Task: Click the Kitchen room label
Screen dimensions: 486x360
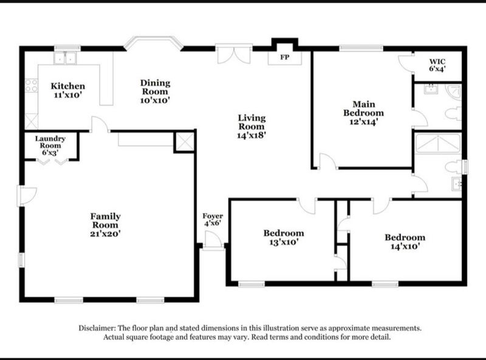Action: (x=68, y=86)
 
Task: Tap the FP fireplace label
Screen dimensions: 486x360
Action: (x=285, y=57)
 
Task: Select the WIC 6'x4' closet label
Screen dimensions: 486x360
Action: (x=437, y=65)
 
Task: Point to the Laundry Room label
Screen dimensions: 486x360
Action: (x=50, y=142)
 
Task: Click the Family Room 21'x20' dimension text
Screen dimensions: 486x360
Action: (x=105, y=234)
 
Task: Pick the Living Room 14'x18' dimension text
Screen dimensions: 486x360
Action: (x=252, y=136)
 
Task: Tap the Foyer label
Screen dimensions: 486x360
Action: (x=213, y=216)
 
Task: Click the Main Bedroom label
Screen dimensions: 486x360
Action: (x=363, y=108)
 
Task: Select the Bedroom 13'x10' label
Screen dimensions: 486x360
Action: (x=284, y=237)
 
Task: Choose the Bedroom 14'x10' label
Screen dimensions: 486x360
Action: (x=405, y=242)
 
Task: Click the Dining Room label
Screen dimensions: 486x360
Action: (x=156, y=87)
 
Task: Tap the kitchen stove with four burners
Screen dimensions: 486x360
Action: (x=32, y=86)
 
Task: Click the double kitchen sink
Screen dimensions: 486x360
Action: (x=65, y=58)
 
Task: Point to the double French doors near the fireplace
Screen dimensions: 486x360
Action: (x=234, y=55)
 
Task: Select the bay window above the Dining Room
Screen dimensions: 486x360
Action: (x=154, y=43)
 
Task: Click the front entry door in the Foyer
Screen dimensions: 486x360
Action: (x=213, y=240)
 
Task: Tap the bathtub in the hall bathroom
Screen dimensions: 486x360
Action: (x=438, y=144)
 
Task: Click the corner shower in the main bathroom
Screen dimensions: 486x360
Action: (x=453, y=92)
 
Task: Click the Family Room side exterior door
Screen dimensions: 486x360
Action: (x=27, y=196)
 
